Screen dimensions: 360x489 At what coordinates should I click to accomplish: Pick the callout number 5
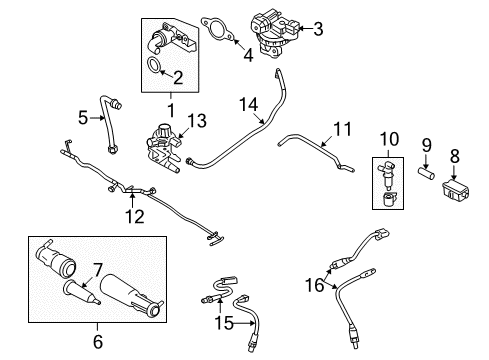click(x=85, y=117)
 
